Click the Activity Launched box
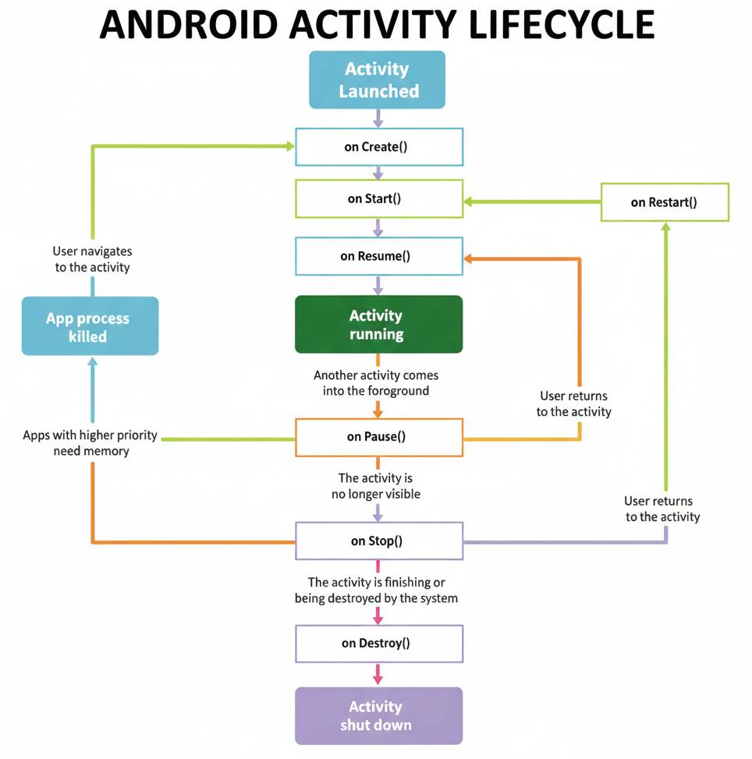coord(378,80)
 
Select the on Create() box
coord(379,147)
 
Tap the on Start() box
coord(379,199)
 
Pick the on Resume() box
coord(379,256)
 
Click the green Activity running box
coord(379,325)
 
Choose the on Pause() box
coord(379,437)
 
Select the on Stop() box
coord(379,541)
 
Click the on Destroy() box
coord(379,644)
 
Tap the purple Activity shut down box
coord(379,715)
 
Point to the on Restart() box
coord(665,202)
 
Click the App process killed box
coord(90,327)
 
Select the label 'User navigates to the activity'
coord(92,259)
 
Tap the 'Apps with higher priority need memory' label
coord(90,443)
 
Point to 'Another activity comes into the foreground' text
coord(376,383)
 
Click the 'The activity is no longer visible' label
coord(376,485)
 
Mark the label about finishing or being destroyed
coord(376,590)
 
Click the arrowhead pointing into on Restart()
coord(665,227)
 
